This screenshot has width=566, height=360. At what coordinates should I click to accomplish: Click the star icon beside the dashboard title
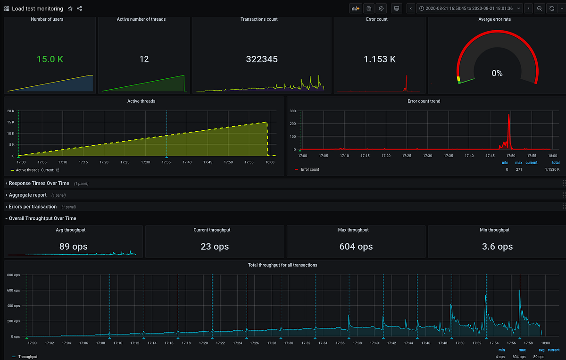70,8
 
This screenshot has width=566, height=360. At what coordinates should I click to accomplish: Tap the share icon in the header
80,8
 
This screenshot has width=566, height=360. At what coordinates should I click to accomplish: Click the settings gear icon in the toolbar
381,8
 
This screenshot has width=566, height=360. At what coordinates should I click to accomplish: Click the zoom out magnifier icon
540,8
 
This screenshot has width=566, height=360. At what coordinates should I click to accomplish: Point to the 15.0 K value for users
50,59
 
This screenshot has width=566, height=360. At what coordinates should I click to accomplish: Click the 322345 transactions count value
262,59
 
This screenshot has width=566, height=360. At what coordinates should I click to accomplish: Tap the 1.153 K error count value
379,59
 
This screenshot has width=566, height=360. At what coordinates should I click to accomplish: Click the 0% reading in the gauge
497,73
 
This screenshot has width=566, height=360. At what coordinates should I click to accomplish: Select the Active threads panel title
141,101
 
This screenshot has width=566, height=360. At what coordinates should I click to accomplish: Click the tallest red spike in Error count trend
508,116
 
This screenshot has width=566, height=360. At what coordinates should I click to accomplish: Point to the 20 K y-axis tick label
11,111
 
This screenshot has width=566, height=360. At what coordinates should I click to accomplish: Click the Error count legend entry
310,169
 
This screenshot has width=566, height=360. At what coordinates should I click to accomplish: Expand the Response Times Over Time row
39,183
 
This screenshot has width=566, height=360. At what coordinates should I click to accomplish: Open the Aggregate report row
27,195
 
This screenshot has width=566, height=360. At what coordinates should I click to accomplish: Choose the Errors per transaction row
33,207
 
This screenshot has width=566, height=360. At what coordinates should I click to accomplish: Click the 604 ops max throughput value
356,246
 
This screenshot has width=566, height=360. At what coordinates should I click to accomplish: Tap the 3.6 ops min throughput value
497,246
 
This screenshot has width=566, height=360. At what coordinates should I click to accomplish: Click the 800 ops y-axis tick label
13,275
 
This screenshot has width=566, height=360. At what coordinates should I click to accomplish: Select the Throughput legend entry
27,357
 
